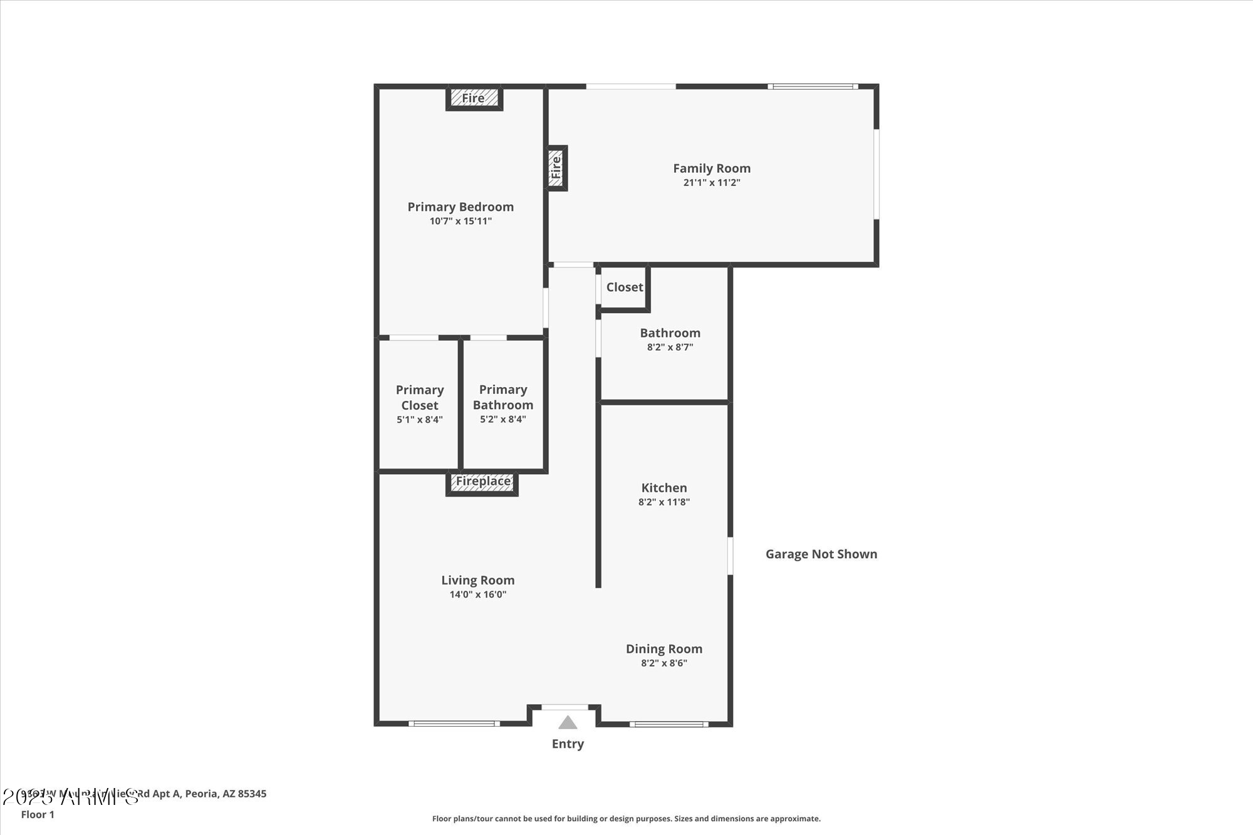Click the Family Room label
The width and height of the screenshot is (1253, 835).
[x=712, y=169]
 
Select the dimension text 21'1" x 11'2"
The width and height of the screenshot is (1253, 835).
[x=712, y=183]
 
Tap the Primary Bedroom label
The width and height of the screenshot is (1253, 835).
[x=460, y=207]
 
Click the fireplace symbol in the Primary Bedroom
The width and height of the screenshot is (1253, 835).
[x=474, y=98]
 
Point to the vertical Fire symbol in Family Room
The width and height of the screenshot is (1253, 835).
[x=556, y=168]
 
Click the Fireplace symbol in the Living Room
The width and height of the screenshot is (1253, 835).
[x=482, y=482]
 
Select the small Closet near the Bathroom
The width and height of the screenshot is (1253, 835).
[x=624, y=288]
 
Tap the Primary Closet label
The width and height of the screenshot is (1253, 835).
[x=420, y=397]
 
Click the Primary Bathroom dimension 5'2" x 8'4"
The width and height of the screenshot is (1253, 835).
[x=503, y=420]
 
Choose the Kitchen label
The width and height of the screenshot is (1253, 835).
[x=664, y=488]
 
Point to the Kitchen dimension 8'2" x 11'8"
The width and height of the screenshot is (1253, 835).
[x=664, y=502]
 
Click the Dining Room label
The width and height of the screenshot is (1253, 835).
[x=664, y=649]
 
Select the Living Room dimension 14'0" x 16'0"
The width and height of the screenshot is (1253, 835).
[x=477, y=594]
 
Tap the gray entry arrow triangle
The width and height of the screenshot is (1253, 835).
[x=568, y=723]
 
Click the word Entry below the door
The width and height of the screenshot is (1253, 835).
[x=568, y=744]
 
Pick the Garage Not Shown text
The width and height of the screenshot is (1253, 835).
[x=821, y=554]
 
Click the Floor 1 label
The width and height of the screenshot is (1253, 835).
[x=38, y=815]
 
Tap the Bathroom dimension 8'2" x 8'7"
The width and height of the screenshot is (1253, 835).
[x=670, y=348]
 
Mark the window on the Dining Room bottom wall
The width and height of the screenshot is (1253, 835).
[x=669, y=724]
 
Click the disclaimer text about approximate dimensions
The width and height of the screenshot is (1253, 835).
[x=626, y=819]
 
